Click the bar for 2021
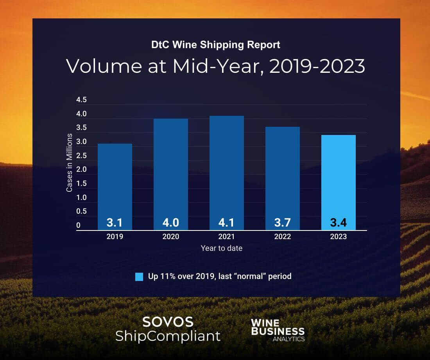tap(226, 172)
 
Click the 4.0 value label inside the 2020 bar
tap(170, 223)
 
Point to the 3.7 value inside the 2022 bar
tap(282, 223)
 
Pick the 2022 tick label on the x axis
tap(282, 237)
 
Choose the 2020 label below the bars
tap(170, 237)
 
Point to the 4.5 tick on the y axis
tap(81, 100)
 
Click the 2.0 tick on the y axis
tap(81, 169)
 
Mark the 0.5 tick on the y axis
tap(81, 211)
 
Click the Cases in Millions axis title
tap(69, 163)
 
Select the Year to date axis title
tap(221, 248)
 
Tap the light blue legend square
tap(139, 277)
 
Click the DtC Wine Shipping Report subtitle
tap(215, 45)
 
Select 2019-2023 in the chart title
tap(317, 66)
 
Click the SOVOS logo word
tap(168, 322)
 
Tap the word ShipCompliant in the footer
tap(168, 336)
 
